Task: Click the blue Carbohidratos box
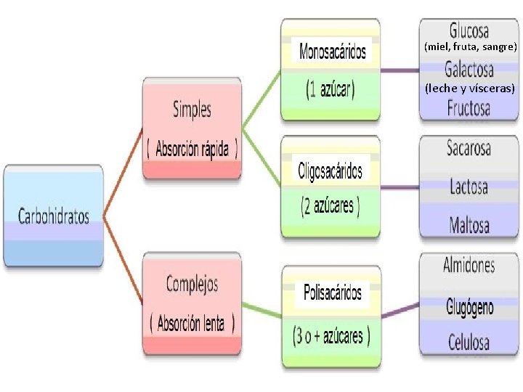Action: (x=54, y=216)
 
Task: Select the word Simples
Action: (x=192, y=110)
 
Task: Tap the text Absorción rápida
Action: (x=192, y=150)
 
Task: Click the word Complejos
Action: (x=192, y=284)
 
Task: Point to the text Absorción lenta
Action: (x=192, y=323)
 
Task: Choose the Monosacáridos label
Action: (x=333, y=52)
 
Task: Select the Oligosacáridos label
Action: (x=330, y=171)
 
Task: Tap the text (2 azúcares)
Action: (x=331, y=206)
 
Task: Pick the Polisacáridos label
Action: (x=332, y=293)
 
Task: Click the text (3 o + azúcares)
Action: (x=331, y=336)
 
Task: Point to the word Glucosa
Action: (x=469, y=30)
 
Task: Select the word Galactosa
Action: (x=469, y=70)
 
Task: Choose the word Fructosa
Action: (x=469, y=109)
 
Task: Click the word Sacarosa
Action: (x=469, y=149)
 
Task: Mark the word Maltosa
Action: (x=469, y=224)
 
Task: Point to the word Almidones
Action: (x=469, y=266)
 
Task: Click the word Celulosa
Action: (x=469, y=341)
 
